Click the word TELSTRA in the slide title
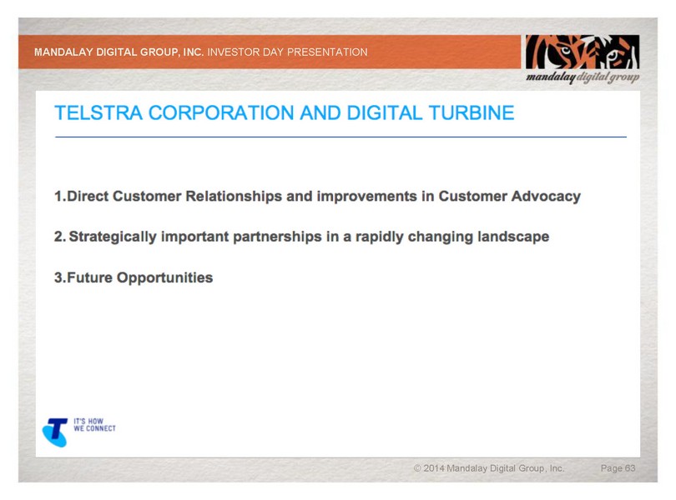coord(98,112)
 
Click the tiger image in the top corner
coord(582,52)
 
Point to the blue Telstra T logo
coord(55,432)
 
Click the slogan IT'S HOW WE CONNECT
coord(94,425)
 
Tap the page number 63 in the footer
coord(630,468)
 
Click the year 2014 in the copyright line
coord(434,468)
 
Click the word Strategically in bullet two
coord(113,237)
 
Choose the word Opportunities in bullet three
coord(164,277)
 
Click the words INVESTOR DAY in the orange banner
coord(245,52)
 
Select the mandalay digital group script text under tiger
coord(583,77)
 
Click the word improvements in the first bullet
coord(367,197)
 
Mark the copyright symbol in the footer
coord(417,468)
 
